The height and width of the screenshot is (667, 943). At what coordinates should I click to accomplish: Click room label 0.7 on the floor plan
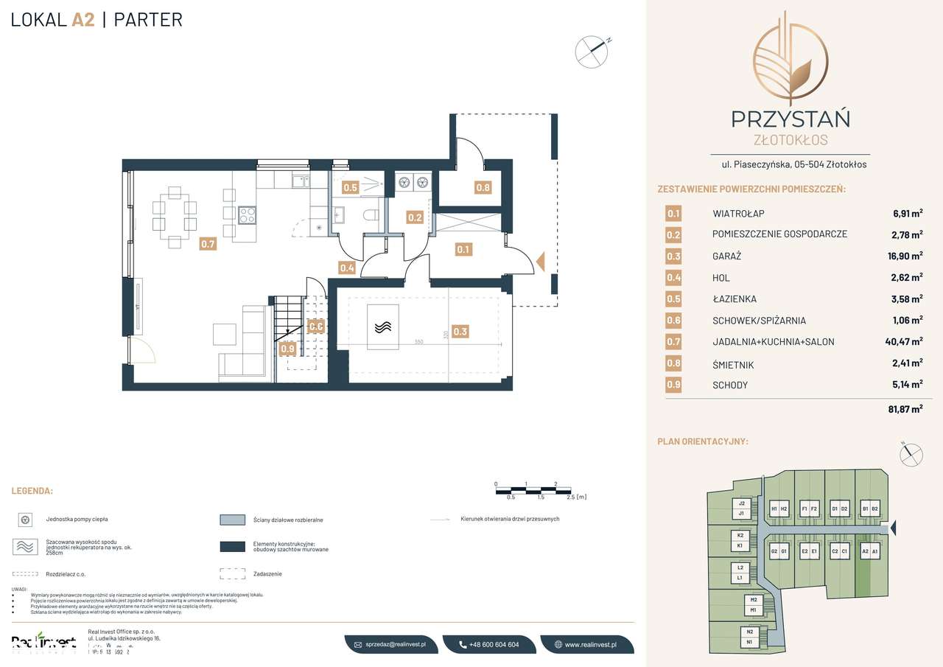coord(208,244)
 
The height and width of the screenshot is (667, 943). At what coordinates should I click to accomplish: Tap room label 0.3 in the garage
coord(460,332)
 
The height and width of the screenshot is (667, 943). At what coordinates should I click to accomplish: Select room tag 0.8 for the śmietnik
coord(483,187)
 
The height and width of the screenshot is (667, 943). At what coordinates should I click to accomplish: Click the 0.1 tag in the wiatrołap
coord(463,249)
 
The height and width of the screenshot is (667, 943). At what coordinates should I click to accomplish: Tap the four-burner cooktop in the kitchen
coord(248,215)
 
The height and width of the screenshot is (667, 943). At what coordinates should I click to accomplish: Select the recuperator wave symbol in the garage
coord(382,327)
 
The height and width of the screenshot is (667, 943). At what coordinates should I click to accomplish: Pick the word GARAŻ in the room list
coord(726,256)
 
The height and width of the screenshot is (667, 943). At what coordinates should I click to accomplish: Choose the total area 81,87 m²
coord(905,408)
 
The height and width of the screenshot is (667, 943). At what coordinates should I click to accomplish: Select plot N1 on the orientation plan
coord(749,642)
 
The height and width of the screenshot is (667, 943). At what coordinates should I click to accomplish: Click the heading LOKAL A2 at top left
coord(52,20)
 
